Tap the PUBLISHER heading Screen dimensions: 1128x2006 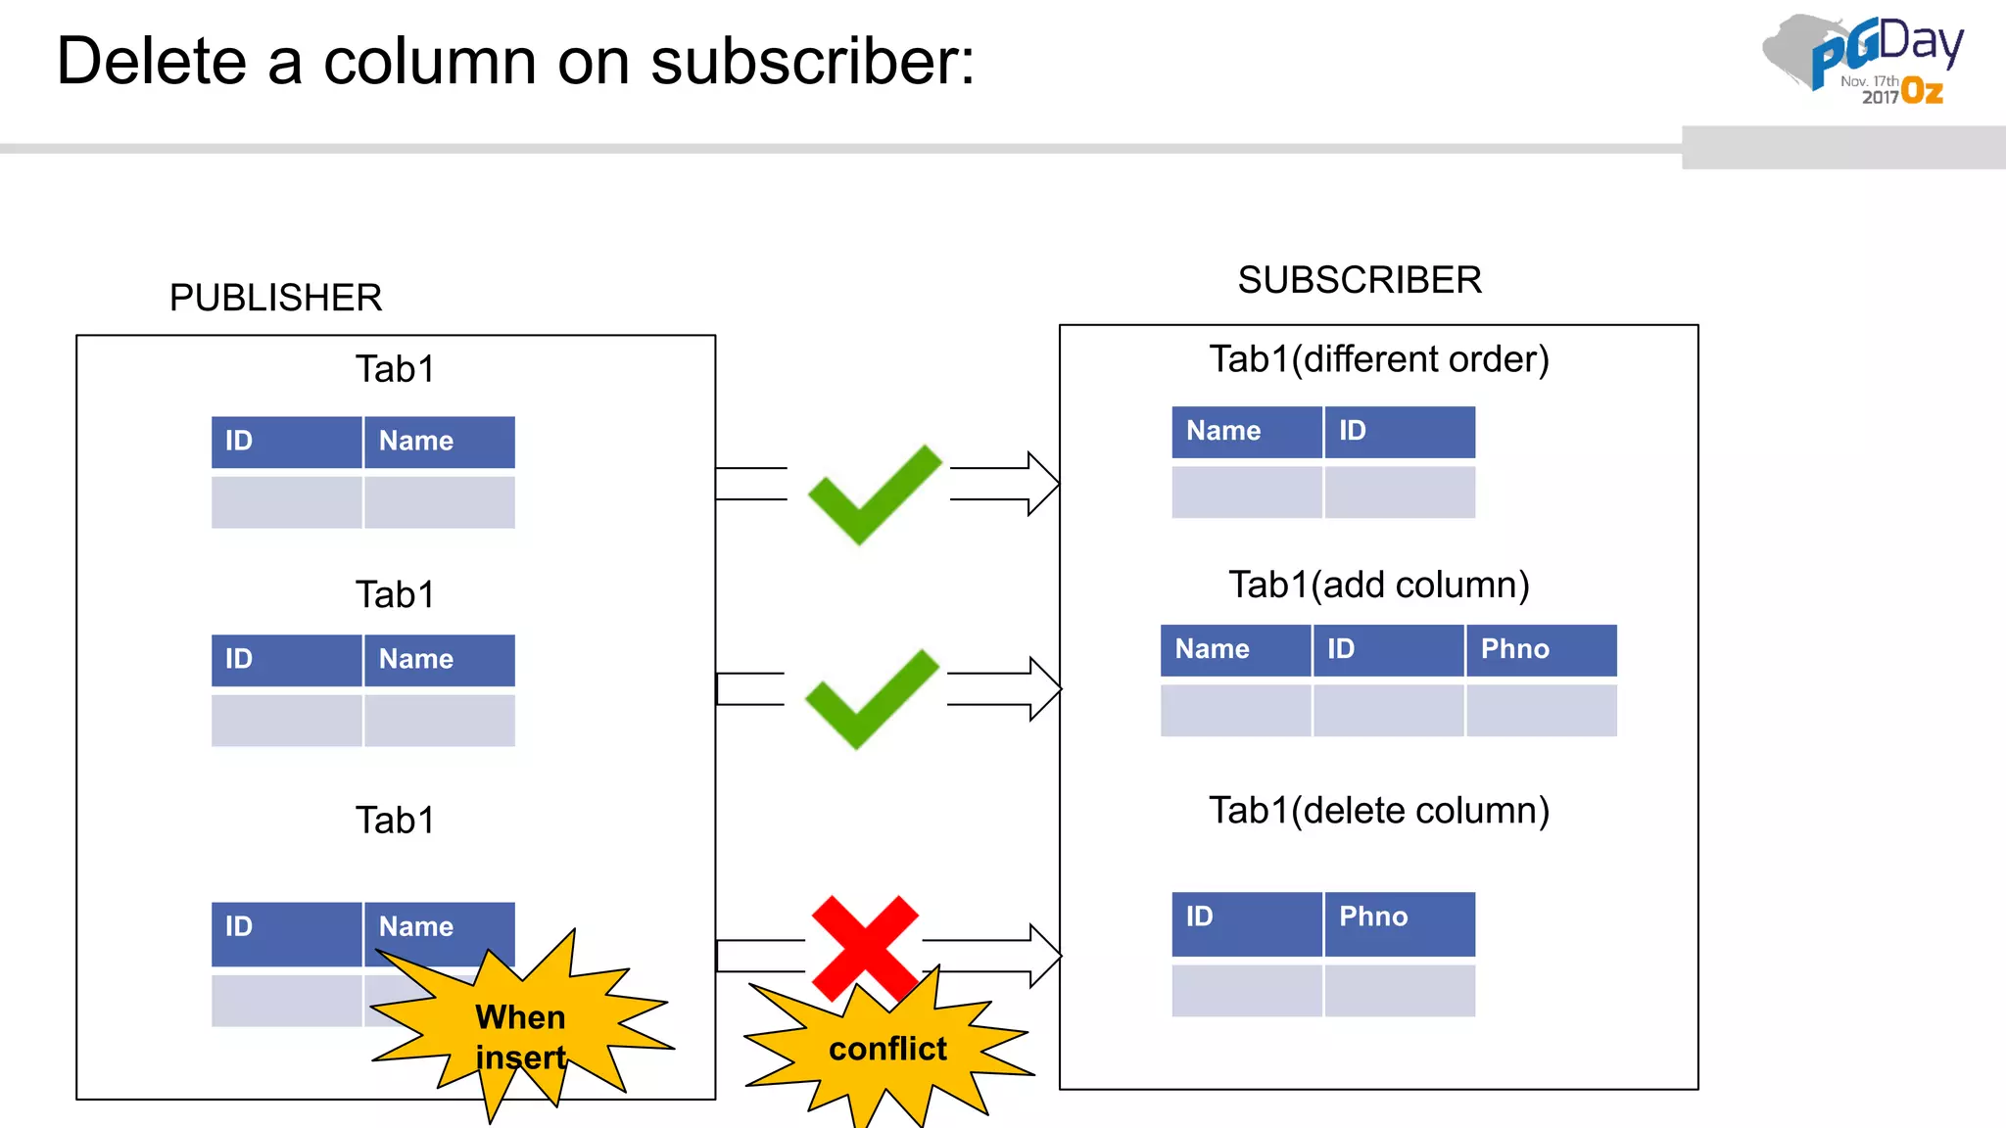[x=275, y=298]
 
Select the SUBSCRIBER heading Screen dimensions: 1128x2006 [x=1360, y=280]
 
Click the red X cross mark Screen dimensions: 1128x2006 [x=865, y=946]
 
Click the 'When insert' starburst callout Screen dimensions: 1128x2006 [x=521, y=1036]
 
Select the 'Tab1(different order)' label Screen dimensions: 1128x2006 [x=1379, y=359]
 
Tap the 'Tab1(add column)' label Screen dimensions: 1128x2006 [x=1379, y=585]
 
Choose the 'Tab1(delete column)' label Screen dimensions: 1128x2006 [x=1379, y=811]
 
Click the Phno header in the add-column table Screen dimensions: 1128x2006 [x=1541, y=649]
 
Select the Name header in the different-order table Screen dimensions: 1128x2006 [x=1247, y=431]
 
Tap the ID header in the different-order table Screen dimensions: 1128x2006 [x=1400, y=431]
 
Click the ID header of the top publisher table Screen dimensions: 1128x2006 [x=286, y=442]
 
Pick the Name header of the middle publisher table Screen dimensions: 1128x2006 [x=439, y=660]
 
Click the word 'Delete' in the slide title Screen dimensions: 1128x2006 [x=152, y=62]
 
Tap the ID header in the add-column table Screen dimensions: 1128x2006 [x=1388, y=649]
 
